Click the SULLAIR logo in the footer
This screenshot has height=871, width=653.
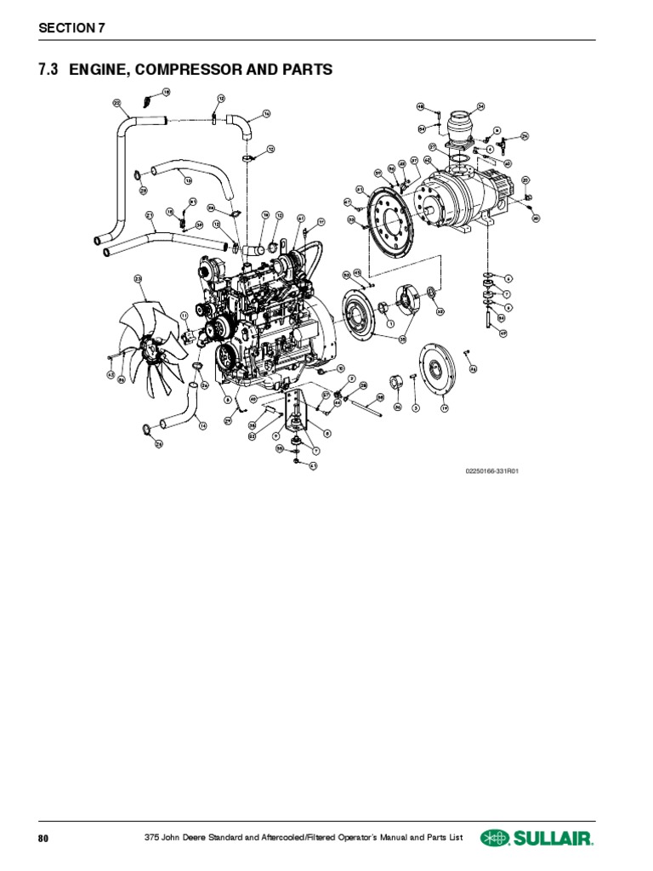point(537,838)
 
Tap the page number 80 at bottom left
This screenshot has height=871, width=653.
point(43,839)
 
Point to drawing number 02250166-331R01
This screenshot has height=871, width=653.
point(491,470)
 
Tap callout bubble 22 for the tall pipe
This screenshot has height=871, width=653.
point(116,102)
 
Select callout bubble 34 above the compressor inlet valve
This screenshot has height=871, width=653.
point(480,106)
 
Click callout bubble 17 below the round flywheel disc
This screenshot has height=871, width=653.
point(443,408)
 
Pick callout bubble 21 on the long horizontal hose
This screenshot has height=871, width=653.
point(149,215)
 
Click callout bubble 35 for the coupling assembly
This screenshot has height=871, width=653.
point(402,339)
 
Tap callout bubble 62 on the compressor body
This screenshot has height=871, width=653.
point(427,159)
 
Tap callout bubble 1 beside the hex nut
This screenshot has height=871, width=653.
point(389,323)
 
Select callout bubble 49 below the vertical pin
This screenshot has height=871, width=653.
point(503,333)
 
